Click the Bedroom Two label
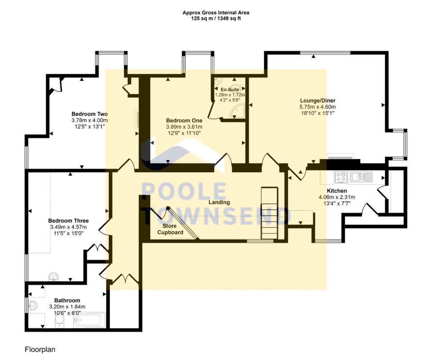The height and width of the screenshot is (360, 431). coord(90,114)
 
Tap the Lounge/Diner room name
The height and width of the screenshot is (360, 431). coord(318,101)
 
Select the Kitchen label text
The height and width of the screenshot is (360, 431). coord(337,191)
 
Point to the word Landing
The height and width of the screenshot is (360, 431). coord(219,202)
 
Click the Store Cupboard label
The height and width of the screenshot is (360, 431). coord(170,229)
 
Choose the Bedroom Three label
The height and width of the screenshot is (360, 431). coord(68,221)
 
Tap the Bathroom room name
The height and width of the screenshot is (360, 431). coord(67,300)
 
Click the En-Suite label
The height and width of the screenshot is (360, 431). coord(230,89)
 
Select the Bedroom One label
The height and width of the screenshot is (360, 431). coord(184,120)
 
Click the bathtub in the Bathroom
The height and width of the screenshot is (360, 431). coord(90,320)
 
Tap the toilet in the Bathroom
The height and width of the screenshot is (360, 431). coord(59,321)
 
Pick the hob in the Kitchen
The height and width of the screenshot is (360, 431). coord(341,177)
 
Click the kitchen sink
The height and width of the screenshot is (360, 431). coord(360,177)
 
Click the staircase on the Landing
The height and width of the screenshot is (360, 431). coord(269,213)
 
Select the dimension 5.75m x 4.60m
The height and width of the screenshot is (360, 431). coord(318,107)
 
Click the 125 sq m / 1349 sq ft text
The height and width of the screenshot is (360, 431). coord(216,19)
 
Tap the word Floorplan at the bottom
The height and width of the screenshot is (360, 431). coord(40,350)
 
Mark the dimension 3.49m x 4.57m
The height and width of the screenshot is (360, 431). coord(68,227)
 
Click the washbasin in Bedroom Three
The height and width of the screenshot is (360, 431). coord(54,277)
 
